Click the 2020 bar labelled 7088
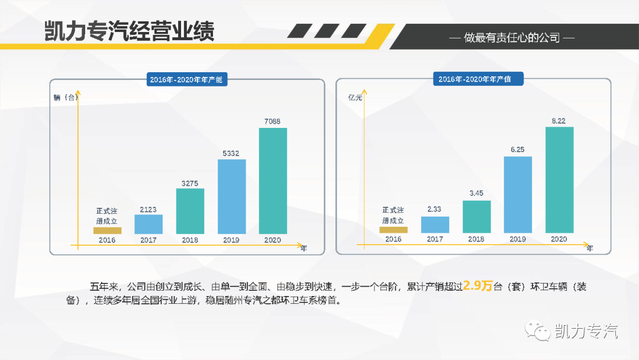[273, 181]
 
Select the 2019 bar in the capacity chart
[231, 196]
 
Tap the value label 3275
[190, 184]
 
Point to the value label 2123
[149, 210]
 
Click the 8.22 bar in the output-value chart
[559, 180]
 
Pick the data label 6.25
[517, 150]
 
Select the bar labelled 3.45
[476, 217]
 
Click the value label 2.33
[434, 209]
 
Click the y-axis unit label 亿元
[355, 98]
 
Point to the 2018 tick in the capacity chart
[190, 240]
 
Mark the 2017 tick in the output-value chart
[434, 239]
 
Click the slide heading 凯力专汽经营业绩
[129, 31]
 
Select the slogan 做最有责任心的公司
[512, 38]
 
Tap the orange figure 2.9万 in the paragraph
[478, 286]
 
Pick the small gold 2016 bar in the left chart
[107, 230]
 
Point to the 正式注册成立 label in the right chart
[393, 215]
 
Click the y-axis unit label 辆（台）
[65, 98]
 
